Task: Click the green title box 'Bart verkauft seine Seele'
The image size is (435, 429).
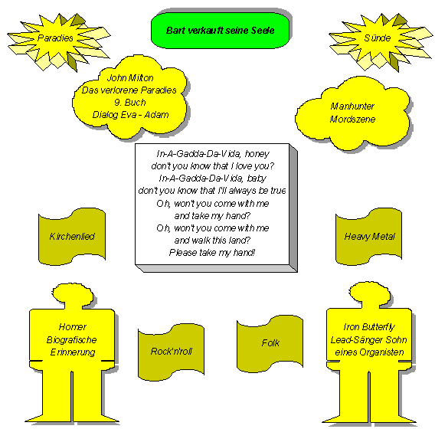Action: tap(221, 31)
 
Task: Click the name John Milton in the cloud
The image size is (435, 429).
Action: tap(130, 78)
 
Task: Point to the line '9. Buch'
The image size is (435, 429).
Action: tap(130, 103)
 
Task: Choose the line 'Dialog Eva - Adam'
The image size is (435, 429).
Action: tap(130, 115)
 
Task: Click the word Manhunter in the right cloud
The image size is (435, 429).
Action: tap(352, 106)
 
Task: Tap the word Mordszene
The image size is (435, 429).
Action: tap(352, 120)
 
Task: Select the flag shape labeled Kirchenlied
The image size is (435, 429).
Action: tap(72, 237)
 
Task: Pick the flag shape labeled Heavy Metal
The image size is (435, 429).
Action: tap(368, 237)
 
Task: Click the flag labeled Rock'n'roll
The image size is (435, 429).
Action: tap(172, 352)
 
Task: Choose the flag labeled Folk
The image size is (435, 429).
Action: tap(270, 343)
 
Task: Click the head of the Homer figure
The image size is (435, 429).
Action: tap(73, 295)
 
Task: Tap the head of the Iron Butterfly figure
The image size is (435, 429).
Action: tap(370, 294)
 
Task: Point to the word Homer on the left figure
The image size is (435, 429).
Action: tap(73, 327)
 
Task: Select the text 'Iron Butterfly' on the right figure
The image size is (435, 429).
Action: tap(369, 327)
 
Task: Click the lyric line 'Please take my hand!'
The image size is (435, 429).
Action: tap(212, 253)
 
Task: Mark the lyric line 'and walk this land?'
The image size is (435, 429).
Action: tap(212, 240)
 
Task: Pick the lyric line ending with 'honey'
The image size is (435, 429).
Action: tap(213, 154)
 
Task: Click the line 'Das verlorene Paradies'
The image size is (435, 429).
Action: tap(129, 90)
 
